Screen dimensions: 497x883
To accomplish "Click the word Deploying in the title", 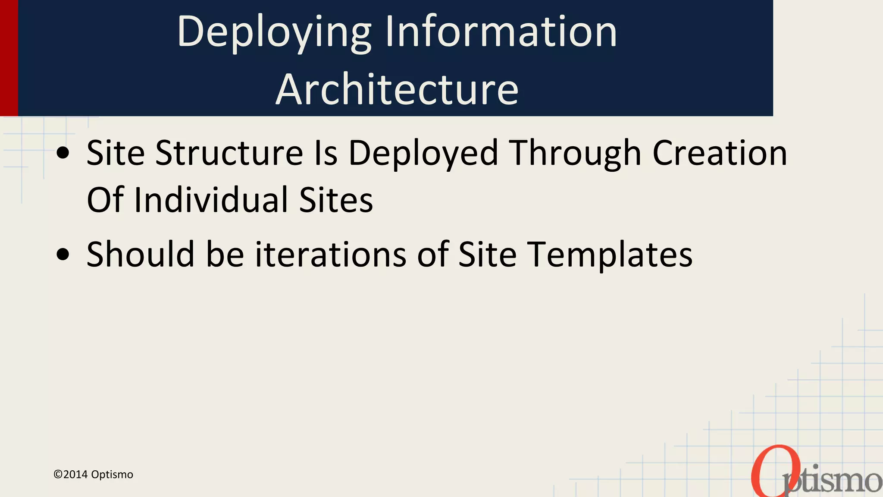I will click(x=274, y=32).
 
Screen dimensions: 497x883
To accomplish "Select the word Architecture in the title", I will click(x=397, y=89).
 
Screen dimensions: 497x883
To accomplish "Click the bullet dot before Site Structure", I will click(x=63, y=153).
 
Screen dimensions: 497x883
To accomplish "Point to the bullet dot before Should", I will click(x=63, y=255).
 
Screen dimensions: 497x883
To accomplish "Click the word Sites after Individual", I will click(x=336, y=200).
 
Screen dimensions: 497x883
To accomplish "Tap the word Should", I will click(x=141, y=254).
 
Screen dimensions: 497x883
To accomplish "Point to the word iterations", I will click(x=331, y=254).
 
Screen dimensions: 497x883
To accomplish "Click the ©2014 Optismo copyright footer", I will click(x=93, y=475).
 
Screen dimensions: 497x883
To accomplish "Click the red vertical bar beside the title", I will click(x=9, y=58).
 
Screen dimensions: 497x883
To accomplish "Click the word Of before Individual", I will click(x=105, y=200).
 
